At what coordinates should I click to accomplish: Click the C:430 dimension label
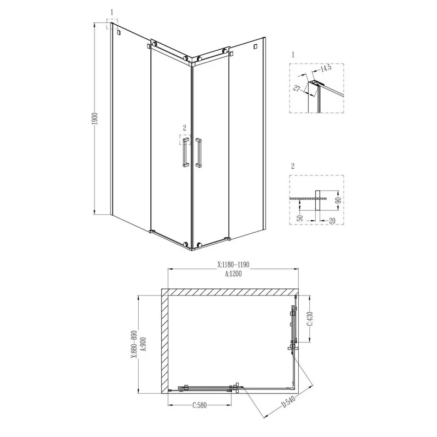click(309, 321)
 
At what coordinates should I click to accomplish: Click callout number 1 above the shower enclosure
click(111, 11)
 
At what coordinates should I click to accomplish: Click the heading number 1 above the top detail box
click(293, 55)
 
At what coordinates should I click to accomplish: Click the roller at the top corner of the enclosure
click(187, 57)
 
